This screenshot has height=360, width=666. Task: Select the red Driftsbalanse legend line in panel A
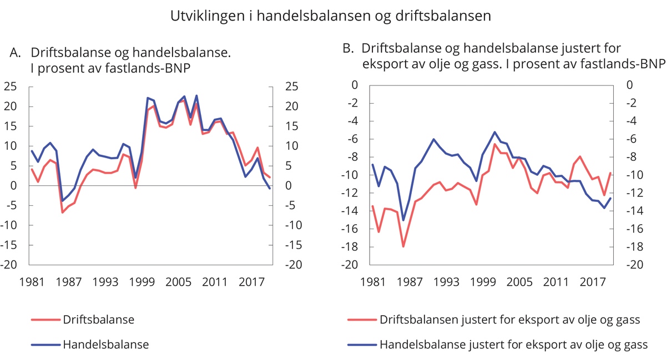click(x=46, y=320)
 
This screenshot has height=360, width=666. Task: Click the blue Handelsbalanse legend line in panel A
click(x=46, y=344)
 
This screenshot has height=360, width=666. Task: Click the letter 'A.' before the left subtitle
click(x=16, y=53)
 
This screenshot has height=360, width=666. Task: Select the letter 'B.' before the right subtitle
click(x=348, y=48)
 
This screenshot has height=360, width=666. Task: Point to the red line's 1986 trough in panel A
click(x=63, y=212)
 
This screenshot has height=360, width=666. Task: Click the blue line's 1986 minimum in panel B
click(x=403, y=220)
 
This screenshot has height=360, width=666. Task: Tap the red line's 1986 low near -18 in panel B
click(x=403, y=246)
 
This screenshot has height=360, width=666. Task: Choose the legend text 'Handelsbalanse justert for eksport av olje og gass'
click(x=513, y=344)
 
